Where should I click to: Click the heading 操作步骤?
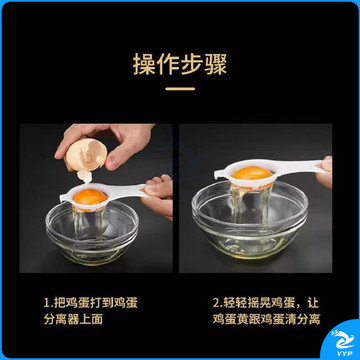click(x=180, y=64)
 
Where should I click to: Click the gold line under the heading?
click(x=180, y=89)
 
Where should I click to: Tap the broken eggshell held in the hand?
click(x=86, y=155)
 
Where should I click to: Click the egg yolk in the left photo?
click(x=90, y=197)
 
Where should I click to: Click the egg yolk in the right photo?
click(x=252, y=173)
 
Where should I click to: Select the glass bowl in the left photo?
click(x=92, y=233)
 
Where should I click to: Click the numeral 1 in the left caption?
click(x=46, y=303)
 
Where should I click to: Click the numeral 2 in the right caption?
click(x=216, y=303)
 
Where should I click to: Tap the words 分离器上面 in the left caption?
click(x=73, y=319)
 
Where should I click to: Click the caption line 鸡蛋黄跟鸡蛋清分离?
click(x=266, y=319)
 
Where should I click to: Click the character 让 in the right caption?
click(x=313, y=303)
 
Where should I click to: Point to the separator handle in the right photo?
click(x=300, y=166)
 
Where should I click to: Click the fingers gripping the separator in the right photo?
click(x=324, y=172)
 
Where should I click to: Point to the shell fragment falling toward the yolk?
click(x=84, y=176)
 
